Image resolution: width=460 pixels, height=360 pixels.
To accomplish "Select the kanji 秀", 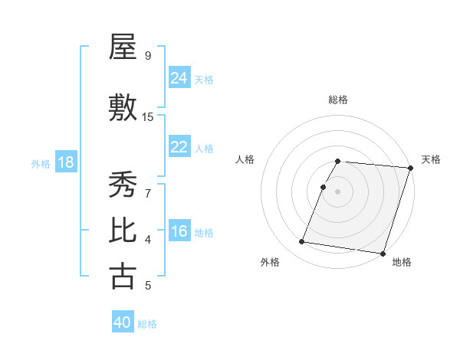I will pyautogui.click(x=123, y=185).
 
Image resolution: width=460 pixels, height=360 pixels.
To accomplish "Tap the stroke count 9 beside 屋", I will pyautogui.click(x=147, y=55).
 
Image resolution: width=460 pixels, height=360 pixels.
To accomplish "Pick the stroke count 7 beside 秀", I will pyautogui.click(x=147, y=194).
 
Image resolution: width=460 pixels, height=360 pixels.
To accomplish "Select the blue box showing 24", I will pyautogui.click(x=179, y=77).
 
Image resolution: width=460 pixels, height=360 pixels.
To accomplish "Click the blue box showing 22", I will pyautogui.click(x=179, y=147).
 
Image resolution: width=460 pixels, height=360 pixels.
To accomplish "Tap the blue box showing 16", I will pyautogui.click(x=179, y=232).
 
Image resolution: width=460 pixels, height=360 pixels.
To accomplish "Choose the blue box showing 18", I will pyautogui.click(x=65, y=162).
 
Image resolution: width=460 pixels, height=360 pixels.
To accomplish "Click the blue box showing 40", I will pyautogui.click(x=123, y=322).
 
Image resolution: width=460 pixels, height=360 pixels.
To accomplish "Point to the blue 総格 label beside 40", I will pyautogui.click(x=147, y=324).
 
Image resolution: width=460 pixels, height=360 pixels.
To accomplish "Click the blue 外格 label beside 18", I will pyautogui.click(x=40, y=163).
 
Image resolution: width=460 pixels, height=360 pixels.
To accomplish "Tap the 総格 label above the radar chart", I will pyautogui.click(x=338, y=100).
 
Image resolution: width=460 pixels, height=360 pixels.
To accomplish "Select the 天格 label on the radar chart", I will pyautogui.click(x=431, y=159).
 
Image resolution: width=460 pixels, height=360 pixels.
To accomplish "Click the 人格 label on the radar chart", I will pyautogui.click(x=245, y=159).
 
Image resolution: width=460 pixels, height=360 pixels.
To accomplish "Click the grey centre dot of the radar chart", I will pyautogui.click(x=338, y=192).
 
